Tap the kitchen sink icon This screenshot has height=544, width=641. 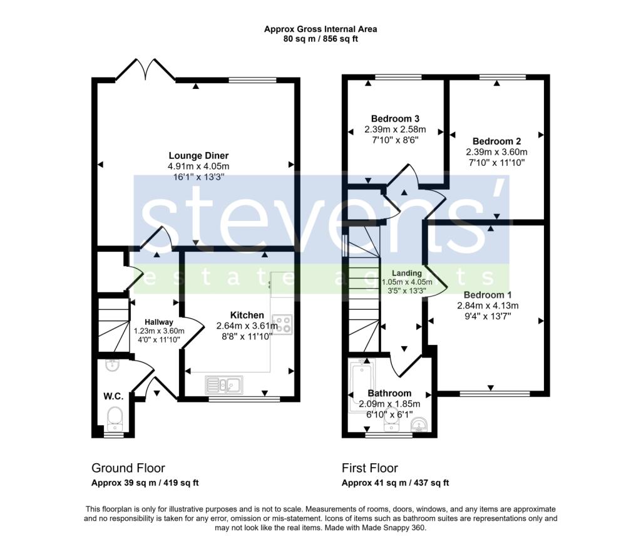point(224,384)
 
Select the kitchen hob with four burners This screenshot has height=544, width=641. point(282,324)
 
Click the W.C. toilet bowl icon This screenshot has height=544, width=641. point(115,415)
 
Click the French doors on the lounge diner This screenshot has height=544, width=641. point(146,69)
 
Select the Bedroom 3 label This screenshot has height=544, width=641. point(395,119)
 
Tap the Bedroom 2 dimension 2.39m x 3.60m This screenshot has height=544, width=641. point(496,152)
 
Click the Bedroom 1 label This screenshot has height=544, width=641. point(488,295)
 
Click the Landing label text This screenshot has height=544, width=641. point(407,274)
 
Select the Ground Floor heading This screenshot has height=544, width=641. point(128,468)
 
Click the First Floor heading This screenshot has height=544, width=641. point(370,468)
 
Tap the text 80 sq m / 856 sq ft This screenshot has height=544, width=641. point(320,39)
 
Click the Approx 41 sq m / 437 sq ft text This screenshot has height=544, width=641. point(395,483)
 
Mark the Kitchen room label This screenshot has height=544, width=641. point(247,315)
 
